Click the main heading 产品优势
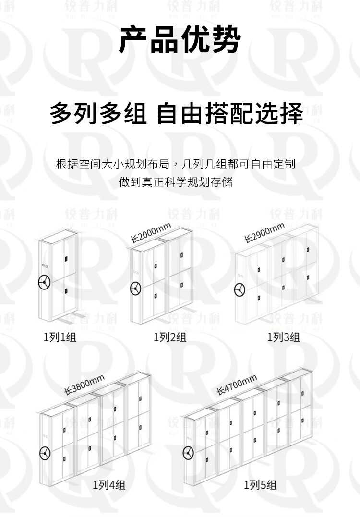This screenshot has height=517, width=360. click(180, 39)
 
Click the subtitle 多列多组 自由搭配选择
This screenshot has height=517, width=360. click(176, 113)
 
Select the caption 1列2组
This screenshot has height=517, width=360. click(170, 337)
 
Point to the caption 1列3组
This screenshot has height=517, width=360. click(284, 337)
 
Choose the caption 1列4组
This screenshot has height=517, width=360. click(109, 485)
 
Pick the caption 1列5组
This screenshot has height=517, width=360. click(260, 485)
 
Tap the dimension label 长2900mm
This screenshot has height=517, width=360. click(264, 233)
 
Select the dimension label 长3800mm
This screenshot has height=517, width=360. click(84, 385)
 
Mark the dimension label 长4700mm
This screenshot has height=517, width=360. click(237, 385)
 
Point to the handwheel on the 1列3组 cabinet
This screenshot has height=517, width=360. click(240, 290)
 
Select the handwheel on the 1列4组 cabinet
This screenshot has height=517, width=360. click(45, 453)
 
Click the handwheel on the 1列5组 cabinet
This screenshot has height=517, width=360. click(188, 452)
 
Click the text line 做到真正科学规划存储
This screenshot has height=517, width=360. click(176, 182)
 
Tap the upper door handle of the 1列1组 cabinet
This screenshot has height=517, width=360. click(66, 259)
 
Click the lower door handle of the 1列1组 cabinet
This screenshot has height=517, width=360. click(66, 291)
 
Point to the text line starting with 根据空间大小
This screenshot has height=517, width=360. click(176, 164)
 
